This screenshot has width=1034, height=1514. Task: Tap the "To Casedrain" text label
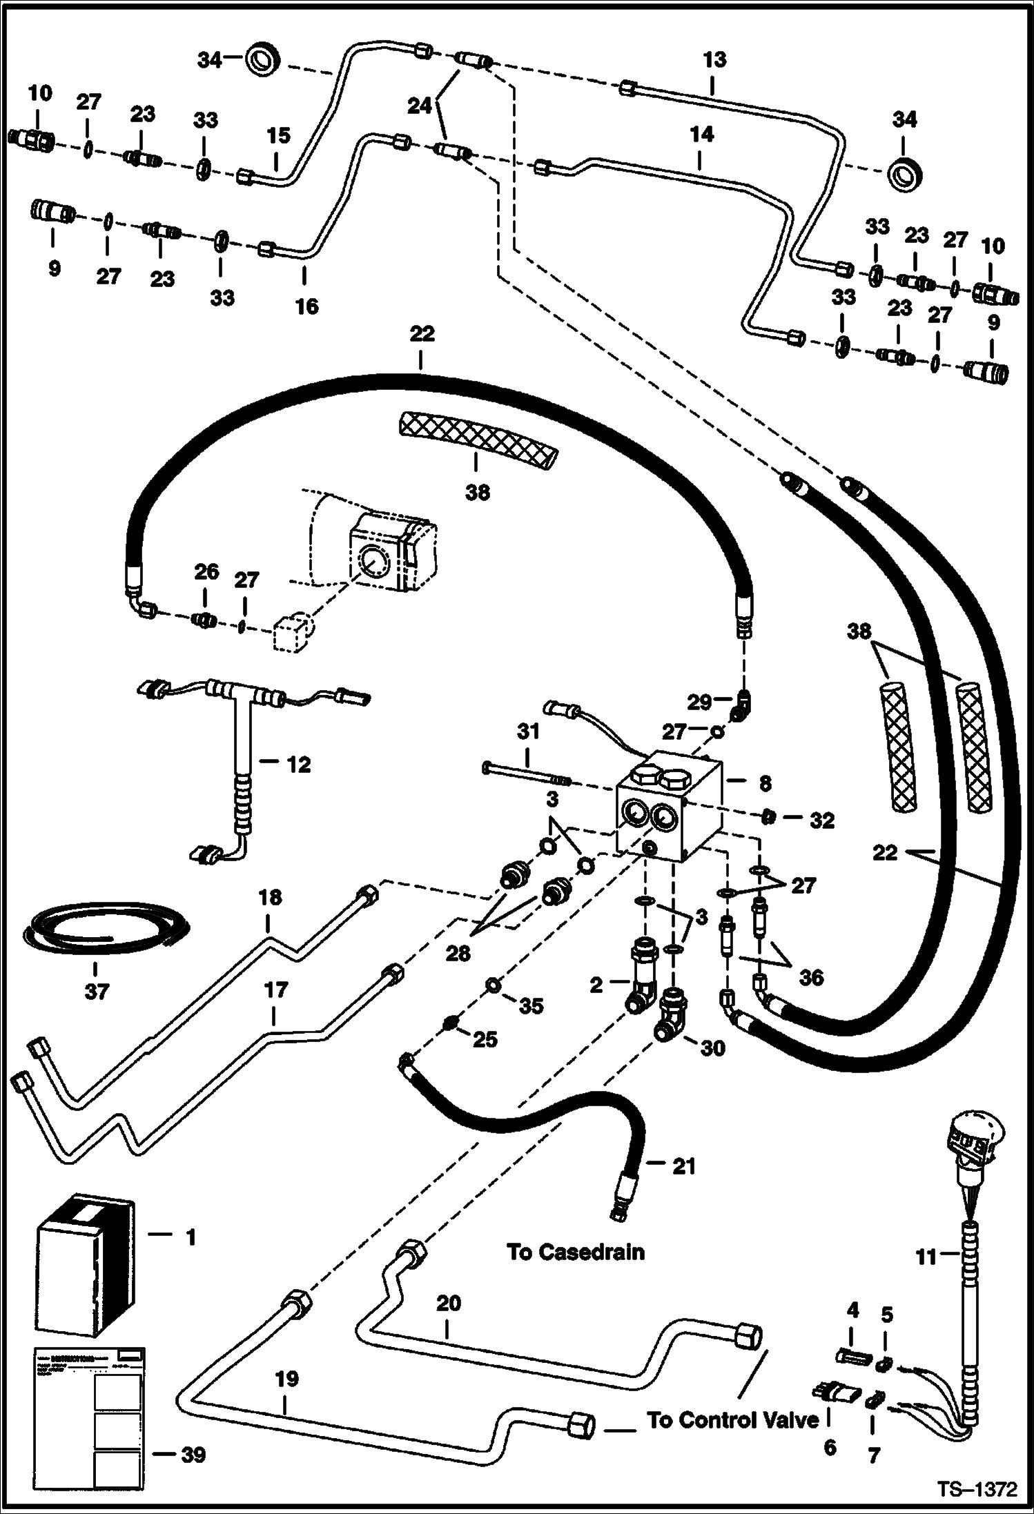(x=575, y=1252)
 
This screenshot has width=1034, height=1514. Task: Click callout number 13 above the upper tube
(x=715, y=60)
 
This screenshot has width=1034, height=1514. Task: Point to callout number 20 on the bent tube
(x=448, y=1304)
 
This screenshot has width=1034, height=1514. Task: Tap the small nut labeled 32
(x=766, y=818)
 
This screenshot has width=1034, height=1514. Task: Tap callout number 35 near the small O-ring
(x=531, y=1006)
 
